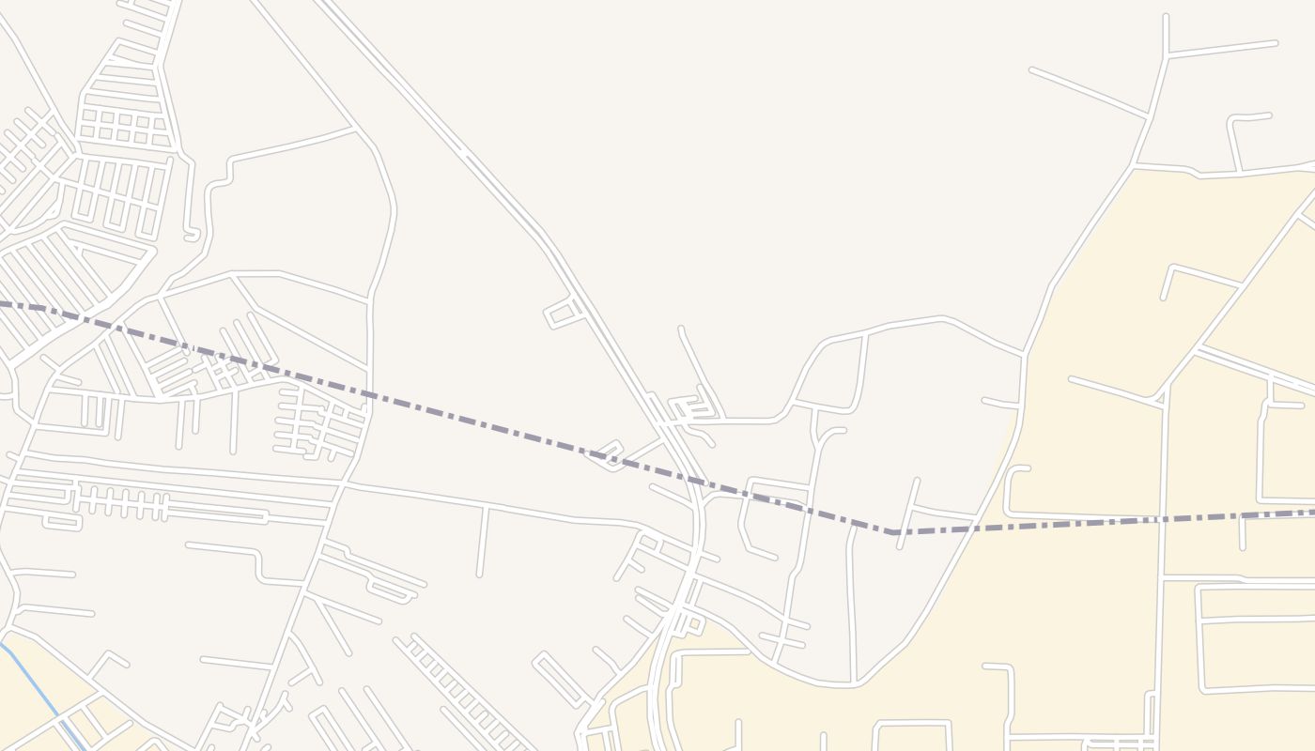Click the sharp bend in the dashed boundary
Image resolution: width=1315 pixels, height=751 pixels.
pyautogui.click(x=892, y=532)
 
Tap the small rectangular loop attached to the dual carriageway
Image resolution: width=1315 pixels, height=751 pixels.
pyautogui.click(x=561, y=314)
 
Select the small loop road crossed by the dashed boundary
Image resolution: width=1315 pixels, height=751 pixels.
pyautogui.click(x=606, y=455)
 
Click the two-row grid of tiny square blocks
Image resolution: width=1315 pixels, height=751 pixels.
pyautogui.click(x=123, y=128)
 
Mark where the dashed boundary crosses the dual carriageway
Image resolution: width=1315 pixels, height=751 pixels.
pyautogui.click(x=696, y=482)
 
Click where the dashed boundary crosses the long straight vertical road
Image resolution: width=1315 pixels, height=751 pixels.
pyautogui.click(x=1163, y=519)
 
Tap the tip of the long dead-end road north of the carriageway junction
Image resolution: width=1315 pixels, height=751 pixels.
pyautogui.click(x=681, y=329)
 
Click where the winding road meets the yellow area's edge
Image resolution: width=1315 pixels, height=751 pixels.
pyautogui.click(x=1024, y=355)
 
